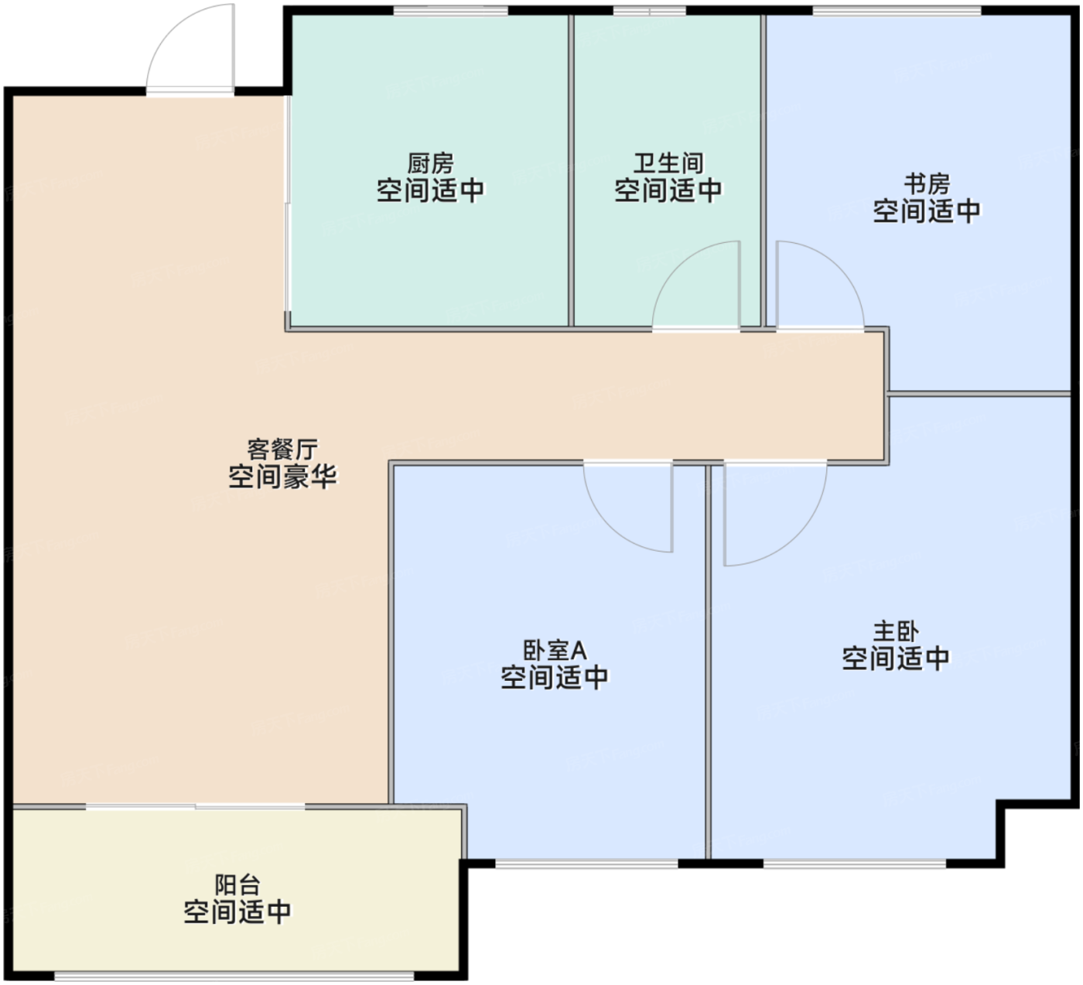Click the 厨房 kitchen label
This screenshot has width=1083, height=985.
430,163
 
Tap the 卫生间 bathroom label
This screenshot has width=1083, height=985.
668,163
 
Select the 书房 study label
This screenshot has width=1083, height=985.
927,184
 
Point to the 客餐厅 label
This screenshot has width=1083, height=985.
282,449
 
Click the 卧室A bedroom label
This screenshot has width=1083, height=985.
555,650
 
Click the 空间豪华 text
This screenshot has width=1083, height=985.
282,477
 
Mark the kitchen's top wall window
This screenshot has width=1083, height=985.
450,10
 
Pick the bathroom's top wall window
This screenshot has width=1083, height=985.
650,10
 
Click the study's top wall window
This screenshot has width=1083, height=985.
897,10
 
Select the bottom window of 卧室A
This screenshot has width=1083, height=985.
587,864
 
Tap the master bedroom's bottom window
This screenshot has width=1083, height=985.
855,864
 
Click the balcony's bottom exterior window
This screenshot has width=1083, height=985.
234,976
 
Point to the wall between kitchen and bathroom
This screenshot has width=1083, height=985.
571,171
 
